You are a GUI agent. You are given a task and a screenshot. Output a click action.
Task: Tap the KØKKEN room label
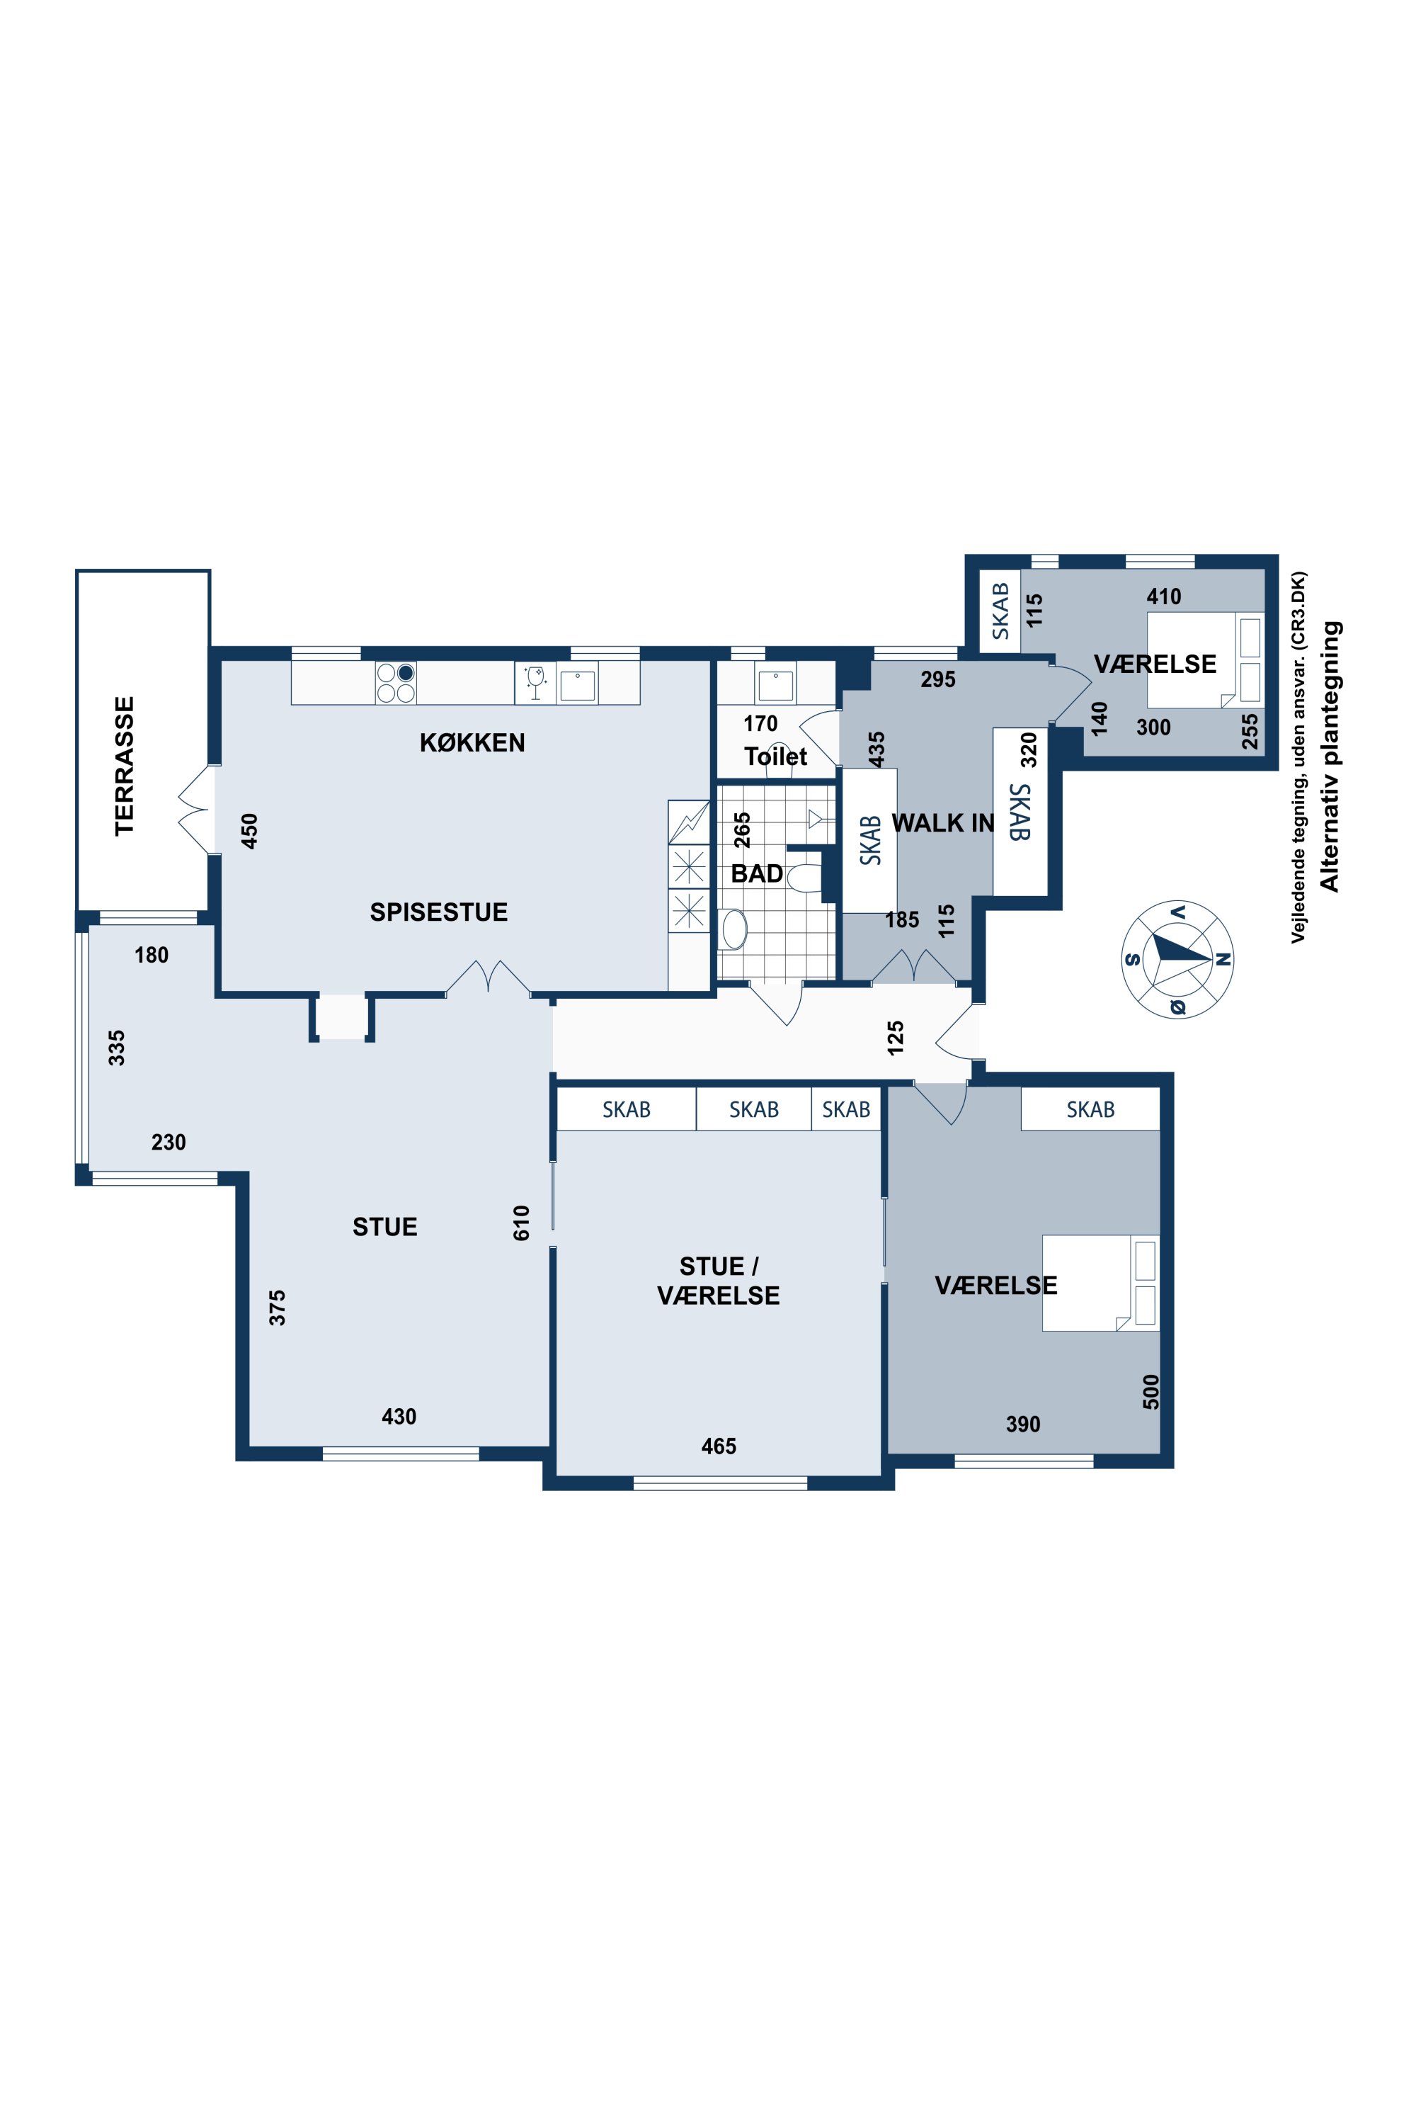472,742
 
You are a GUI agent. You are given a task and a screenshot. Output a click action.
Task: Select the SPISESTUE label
439,912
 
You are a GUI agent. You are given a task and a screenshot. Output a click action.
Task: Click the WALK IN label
943,823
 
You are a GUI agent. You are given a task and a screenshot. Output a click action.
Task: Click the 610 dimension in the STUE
521,1223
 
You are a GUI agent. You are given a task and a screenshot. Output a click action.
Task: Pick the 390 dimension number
1023,1424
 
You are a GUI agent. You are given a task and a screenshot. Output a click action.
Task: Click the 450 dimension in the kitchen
249,831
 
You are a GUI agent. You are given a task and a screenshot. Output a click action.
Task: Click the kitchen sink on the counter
578,686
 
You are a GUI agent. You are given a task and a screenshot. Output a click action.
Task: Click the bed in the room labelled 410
1206,660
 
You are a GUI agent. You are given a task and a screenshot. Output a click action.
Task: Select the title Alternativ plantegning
1330,756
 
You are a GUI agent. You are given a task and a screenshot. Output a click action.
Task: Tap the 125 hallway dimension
895,1038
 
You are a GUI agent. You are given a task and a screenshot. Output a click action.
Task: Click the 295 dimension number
938,679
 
